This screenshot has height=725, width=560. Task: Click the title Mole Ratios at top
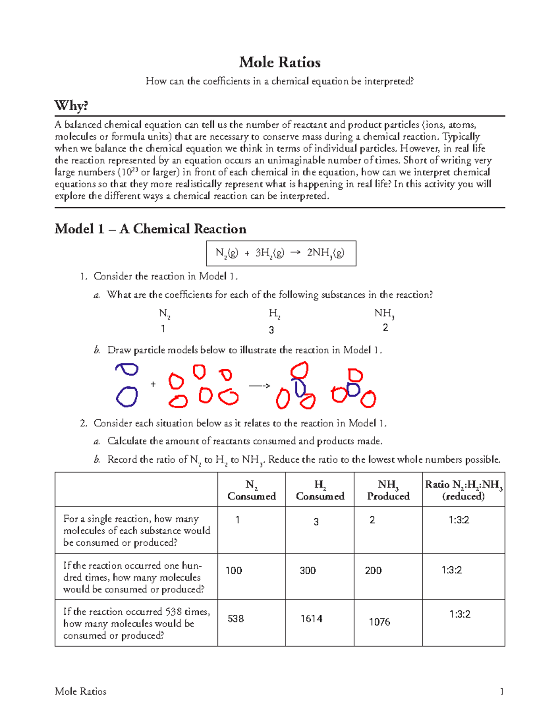pyautogui.click(x=280, y=63)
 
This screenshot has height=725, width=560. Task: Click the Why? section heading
pyautogui.click(x=71, y=106)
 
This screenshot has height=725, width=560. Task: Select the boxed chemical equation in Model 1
pyautogui.click(x=281, y=253)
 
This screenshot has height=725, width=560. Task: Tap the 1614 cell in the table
pyautogui.click(x=311, y=619)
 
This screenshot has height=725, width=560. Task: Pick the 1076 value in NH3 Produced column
pyautogui.click(x=379, y=622)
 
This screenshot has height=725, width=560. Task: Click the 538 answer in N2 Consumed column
pyautogui.click(x=236, y=619)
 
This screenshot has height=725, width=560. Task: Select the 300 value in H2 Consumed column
pyautogui.click(x=308, y=570)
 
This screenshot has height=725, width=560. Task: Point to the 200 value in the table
pyautogui.click(x=373, y=570)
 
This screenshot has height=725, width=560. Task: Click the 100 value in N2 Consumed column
pyautogui.click(x=234, y=570)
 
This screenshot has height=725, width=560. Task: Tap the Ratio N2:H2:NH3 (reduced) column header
pyautogui.click(x=463, y=490)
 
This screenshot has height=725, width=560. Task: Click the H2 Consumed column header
pyautogui.click(x=320, y=490)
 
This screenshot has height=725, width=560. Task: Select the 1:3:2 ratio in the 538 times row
pyautogui.click(x=460, y=614)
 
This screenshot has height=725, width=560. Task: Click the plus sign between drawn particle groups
pyautogui.click(x=153, y=384)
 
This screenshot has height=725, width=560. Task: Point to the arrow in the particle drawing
pyautogui.click(x=259, y=386)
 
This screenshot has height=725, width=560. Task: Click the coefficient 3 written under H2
pyautogui.click(x=272, y=330)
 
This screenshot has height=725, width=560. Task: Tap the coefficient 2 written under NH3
pyautogui.click(x=385, y=328)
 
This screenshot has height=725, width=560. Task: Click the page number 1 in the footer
pyautogui.click(x=502, y=691)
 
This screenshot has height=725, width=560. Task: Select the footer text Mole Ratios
pyautogui.click(x=80, y=691)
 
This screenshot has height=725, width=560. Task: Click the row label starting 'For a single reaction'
pyautogui.click(x=136, y=530)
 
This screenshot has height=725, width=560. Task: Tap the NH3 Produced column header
pyautogui.click(x=388, y=490)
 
